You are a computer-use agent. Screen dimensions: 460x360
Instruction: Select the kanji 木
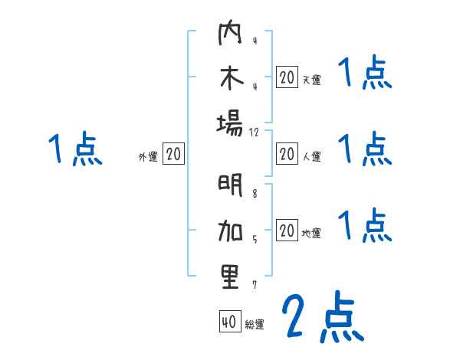pyautogui.click(x=230, y=80)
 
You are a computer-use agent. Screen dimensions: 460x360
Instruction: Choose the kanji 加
pyautogui.click(x=230, y=231)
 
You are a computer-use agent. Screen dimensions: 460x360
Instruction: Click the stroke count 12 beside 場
pyautogui.click(x=255, y=133)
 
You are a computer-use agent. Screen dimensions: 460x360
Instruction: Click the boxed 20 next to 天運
pyautogui.click(x=286, y=77)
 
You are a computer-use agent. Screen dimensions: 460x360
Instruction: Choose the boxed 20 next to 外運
pyautogui.click(x=173, y=155)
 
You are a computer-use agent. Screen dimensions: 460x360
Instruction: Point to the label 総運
pyautogui.click(x=255, y=324)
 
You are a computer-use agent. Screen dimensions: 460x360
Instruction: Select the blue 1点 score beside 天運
pyautogui.click(x=365, y=74)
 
